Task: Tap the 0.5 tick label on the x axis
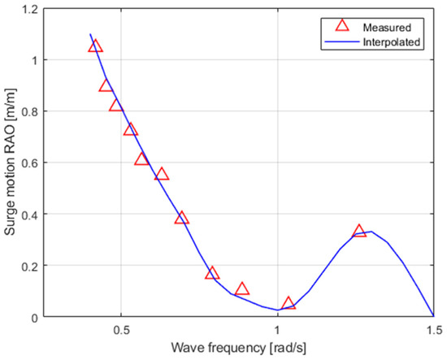click(121, 331)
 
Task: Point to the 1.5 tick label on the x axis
click(433, 331)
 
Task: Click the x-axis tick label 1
click(278, 331)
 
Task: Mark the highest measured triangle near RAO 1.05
click(96, 46)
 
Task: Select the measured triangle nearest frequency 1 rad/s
click(289, 304)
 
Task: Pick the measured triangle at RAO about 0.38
click(181, 218)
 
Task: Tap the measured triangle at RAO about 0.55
click(162, 174)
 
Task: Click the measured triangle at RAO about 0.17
click(212, 273)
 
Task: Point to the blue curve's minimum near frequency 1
click(278, 310)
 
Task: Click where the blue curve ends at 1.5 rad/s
click(433, 316)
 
